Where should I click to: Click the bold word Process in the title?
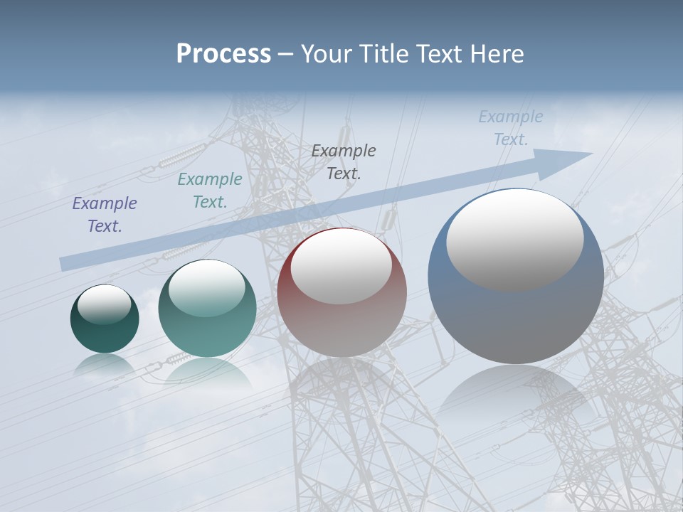(x=223, y=53)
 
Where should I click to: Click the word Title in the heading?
(x=385, y=53)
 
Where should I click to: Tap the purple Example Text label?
(x=105, y=215)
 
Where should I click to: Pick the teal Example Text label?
(x=210, y=191)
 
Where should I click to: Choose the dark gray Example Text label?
(x=344, y=161)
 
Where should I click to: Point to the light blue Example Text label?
(x=510, y=128)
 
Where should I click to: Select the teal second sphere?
(x=207, y=331)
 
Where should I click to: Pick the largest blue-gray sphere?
(x=516, y=320)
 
